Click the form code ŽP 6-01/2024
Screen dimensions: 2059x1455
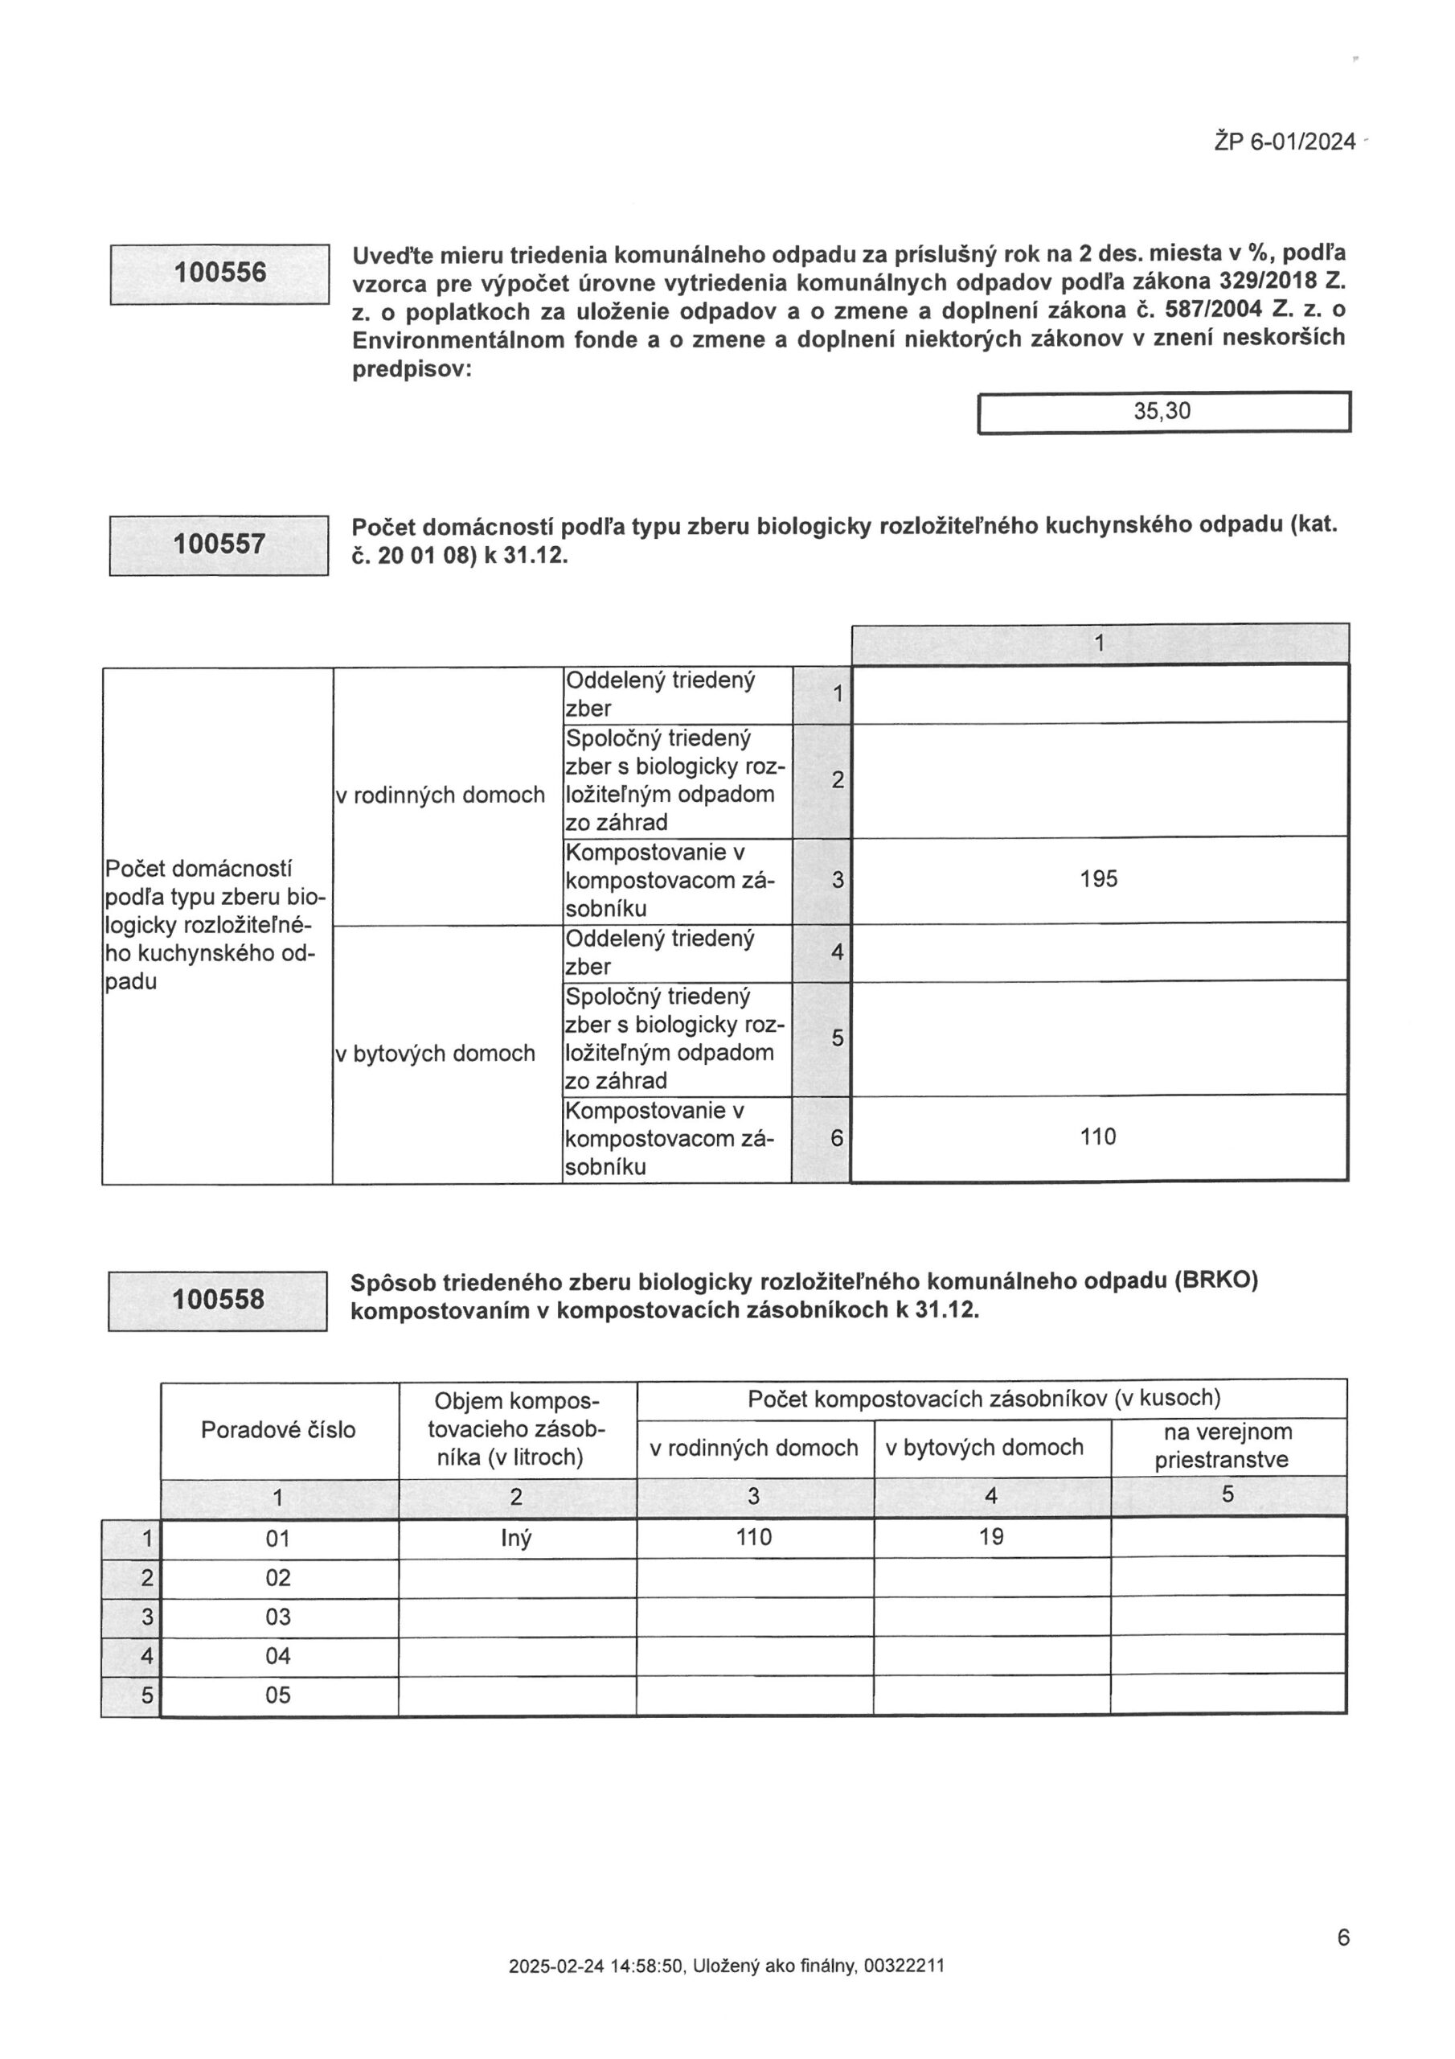click(x=1285, y=142)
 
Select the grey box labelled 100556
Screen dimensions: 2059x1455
click(x=219, y=273)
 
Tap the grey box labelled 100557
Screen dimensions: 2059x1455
click(x=219, y=545)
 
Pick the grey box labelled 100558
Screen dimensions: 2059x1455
click(x=218, y=1300)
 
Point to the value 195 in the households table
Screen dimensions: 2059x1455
click(x=1098, y=879)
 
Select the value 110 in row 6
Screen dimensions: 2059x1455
click(x=1098, y=1137)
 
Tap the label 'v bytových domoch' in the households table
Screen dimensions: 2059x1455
click(x=435, y=1054)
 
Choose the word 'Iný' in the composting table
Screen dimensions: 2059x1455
click(x=515, y=1539)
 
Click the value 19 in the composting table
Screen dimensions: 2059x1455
click(x=990, y=1537)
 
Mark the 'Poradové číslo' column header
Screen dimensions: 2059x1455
click(x=278, y=1429)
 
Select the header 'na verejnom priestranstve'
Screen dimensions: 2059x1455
click(x=1228, y=1445)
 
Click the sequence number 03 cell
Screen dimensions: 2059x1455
click(x=278, y=1617)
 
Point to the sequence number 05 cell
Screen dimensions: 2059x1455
click(x=278, y=1695)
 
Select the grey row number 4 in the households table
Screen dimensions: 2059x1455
click(x=836, y=952)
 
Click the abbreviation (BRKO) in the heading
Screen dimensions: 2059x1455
click(x=1215, y=1280)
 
